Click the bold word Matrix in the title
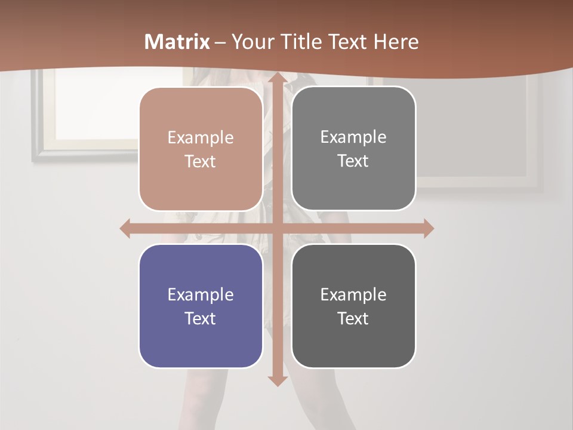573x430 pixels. coord(177,42)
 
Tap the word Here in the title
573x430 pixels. coord(396,42)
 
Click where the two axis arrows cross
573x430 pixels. coord(277,228)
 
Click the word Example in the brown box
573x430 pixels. coord(201,138)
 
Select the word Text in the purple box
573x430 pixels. coord(201,319)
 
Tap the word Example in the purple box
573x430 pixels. coord(201,295)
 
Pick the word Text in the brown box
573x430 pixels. coord(201,162)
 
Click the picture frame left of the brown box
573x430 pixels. coord(84,113)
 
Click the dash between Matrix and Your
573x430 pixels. coord(220,42)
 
